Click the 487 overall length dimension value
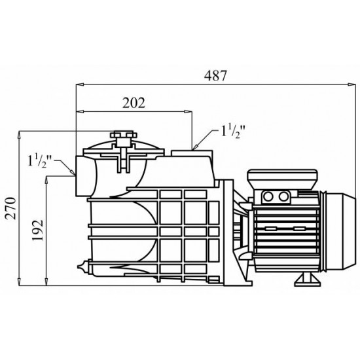pyautogui.click(x=215, y=75)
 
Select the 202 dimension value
pyautogui.click(x=134, y=103)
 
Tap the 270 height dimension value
pyautogui.click(x=11, y=208)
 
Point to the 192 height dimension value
pyautogui.click(x=38, y=230)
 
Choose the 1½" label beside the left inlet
pyautogui.click(x=39, y=162)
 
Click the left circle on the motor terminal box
pyautogui.click(x=268, y=196)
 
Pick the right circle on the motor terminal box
pyautogui.click(x=283, y=196)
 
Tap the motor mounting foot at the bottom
pyautogui.click(x=307, y=279)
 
